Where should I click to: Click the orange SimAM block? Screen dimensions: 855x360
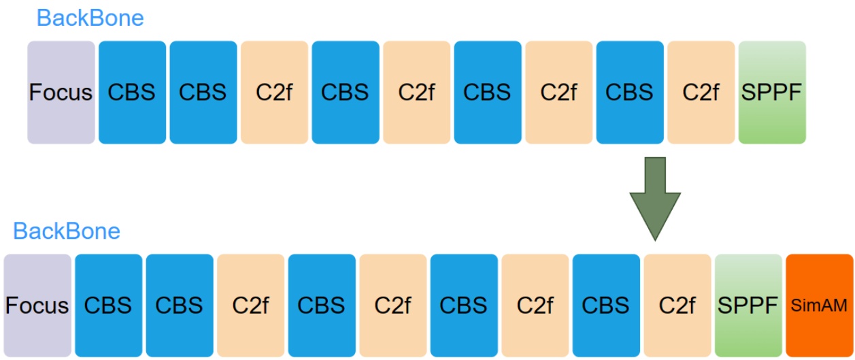(x=819, y=306)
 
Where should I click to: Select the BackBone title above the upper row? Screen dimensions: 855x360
(x=90, y=18)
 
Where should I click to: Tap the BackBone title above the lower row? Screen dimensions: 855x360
(x=67, y=231)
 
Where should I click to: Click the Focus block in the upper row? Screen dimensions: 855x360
(x=61, y=92)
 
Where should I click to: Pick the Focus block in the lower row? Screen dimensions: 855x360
(x=37, y=306)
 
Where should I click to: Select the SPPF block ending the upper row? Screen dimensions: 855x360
(x=772, y=92)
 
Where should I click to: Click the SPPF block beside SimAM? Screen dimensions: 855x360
(x=748, y=306)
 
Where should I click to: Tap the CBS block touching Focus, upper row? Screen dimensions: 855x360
(x=132, y=92)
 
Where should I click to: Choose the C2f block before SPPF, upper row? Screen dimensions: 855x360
(x=701, y=92)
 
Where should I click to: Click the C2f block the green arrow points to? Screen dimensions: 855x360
(x=677, y=306)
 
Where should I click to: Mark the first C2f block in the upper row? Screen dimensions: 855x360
(x=274, y=92)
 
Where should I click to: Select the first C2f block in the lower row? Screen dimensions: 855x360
(x=250, y=306)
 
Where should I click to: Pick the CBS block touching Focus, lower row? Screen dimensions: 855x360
(x=108, y=306)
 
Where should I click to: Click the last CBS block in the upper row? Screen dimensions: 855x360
(x=630, y=92)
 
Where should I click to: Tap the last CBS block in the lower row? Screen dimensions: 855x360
(x=606, y=306)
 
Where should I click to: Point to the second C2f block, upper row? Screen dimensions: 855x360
(x=416, y=92)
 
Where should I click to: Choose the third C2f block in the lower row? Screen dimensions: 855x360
(x=535, y=306)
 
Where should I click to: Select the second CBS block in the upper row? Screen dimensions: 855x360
(x=203, y=92)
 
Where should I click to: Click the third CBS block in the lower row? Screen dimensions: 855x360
(x=322, y=306)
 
